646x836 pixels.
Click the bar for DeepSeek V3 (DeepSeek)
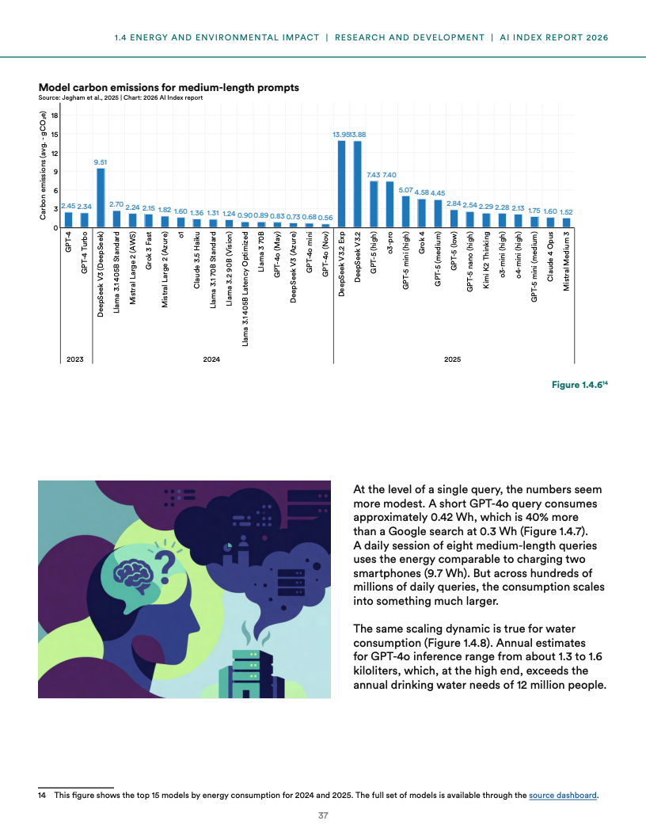click(x=101, y=198)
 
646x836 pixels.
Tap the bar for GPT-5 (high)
click(x=374, y=204)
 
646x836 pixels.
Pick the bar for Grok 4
click(x=422, y=213)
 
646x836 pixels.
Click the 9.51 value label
click(x=101, y=161)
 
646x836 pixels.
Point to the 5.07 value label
click(x=405, y=190)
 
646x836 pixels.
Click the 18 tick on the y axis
click(x=54, y=116)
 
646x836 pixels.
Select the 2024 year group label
click(x=211, y=359)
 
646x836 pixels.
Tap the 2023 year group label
click(x=76, y=359)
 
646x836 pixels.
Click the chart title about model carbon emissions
click(x=169, y=86)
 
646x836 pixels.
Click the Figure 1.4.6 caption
click(x=579, y=384)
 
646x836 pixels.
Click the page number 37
click(x=323, y=815)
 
